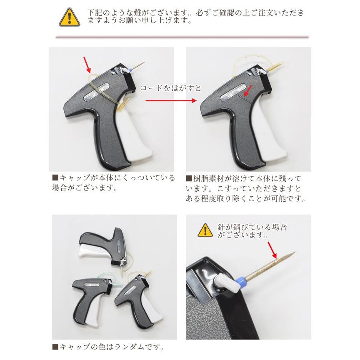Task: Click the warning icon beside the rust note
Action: (x=205, y=230)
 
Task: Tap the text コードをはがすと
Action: (x=170, y=88)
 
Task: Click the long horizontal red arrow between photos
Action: (x=171, y=101)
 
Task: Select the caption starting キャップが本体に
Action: (x=112, y=182)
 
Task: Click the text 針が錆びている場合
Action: (x=252, y=228)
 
